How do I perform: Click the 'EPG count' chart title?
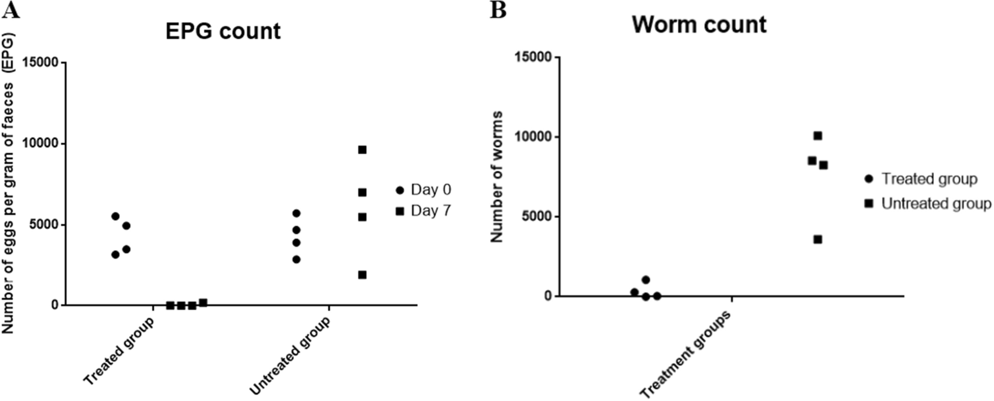[x=223, y=31]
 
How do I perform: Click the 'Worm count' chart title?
[x=699, y=24]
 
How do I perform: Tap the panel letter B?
[x=498, y=10]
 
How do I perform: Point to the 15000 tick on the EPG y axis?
[x=40, y=62]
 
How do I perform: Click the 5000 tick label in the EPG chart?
[x=44, y=225]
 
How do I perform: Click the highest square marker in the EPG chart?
[x=362, y=150]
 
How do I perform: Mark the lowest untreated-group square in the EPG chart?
[x=362, y=275]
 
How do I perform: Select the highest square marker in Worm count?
[x=818, y=136]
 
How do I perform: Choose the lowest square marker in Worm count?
[x=818, y=239]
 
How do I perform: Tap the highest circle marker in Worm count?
[x=646, y=280]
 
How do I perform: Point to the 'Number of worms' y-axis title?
[x=497, y=177]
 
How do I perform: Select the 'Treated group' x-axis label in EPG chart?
[x=119, y=351]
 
